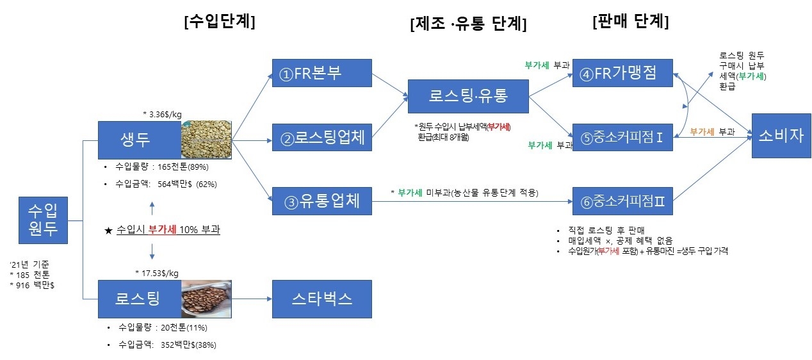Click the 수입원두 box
(x=43, y=220)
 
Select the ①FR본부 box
(x=321, y=73)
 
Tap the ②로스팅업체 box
(x=321, y=138)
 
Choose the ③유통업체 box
(x=321, y=202)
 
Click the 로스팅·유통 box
(x=468, y=96)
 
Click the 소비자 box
(x=777, y=136)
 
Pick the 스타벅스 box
(x=321, y=299)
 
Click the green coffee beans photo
(x=206, y=140)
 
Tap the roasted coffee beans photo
(x=206, y=299)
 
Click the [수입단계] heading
(x=219, y=22)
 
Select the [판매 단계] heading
(x=631, y=22)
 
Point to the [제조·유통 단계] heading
(x=468, y=24)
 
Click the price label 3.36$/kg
(x=165, y=115)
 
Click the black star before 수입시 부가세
(x=108, y=230)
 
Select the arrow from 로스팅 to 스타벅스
(x=252, y=299)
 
